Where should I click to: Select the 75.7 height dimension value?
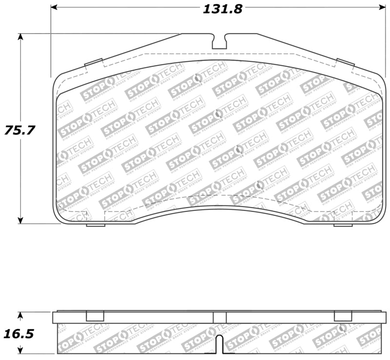click(x=20, y=131)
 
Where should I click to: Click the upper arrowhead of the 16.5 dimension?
click(x=20, y=315)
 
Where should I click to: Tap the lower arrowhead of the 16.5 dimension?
click(x=20, y=350)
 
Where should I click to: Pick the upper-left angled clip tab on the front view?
click(x=94, y=63)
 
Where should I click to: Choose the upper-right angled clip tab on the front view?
click(x=346, y=62)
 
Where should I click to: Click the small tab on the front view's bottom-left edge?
click(x=96, y=225)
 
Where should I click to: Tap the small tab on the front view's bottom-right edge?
click(x=343, y=225)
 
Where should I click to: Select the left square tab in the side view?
click(x=95, y=316)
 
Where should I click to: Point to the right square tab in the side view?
click(x=343, y=316)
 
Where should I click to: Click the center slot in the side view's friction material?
click(x=219, y=344)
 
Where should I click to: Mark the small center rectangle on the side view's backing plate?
click(x=219, y=318)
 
